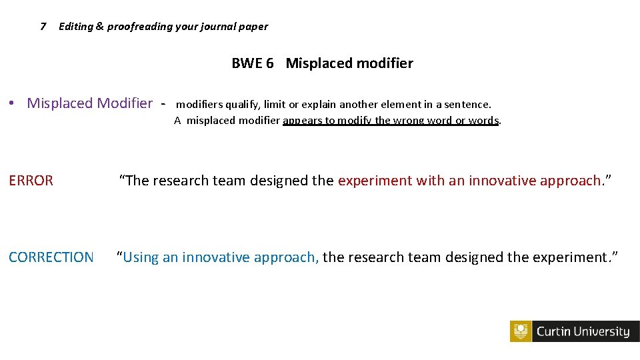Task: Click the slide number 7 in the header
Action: [x=43, y=27]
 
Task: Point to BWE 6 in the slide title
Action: [x=253, y=63]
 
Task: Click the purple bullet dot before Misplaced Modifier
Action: [x=13, y=103]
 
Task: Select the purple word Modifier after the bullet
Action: [x=125, y=103]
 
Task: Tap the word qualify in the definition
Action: [x=243, y=104]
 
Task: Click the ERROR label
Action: [x=31, y=180]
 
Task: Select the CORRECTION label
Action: [x=51, y=257]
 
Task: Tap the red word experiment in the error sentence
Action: [x=375, y=181]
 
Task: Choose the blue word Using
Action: [x=141, y=257]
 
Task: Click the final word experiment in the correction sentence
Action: [x=573, y=257]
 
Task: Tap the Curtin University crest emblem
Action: [x=521, y=331]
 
